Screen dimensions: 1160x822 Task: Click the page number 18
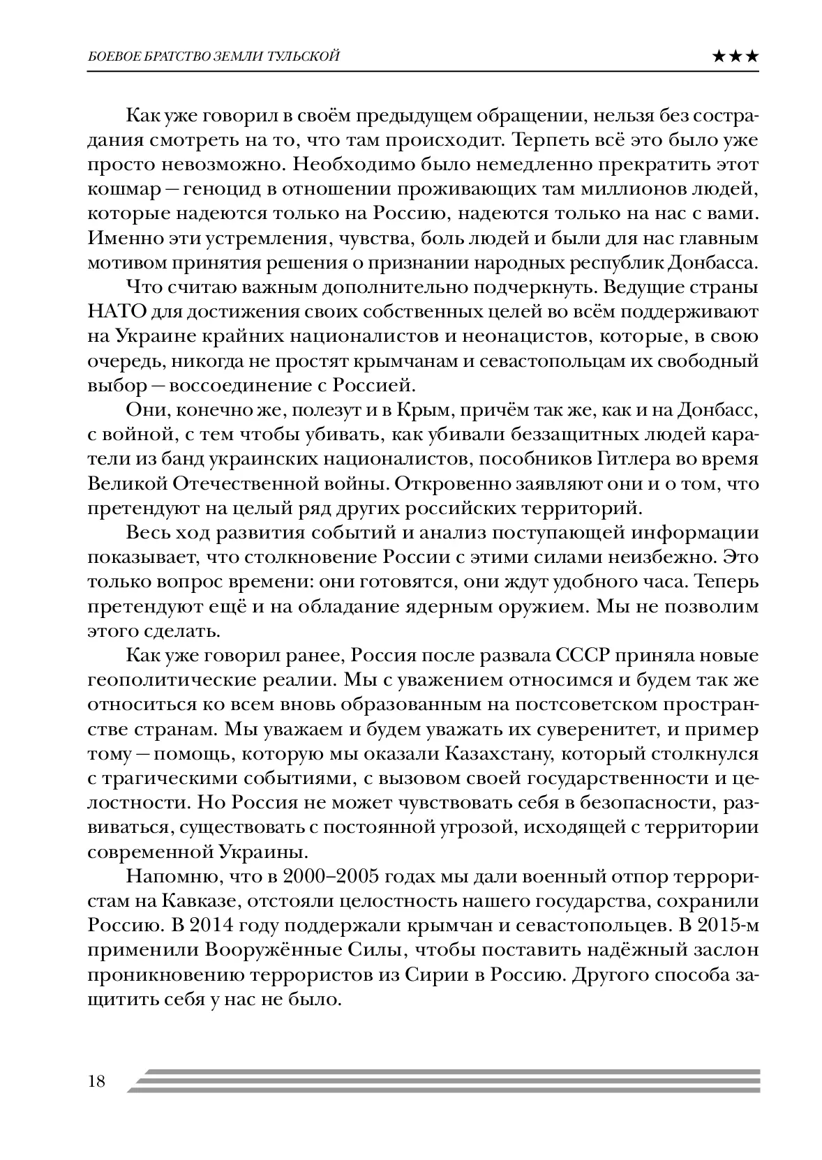tap(96, 1081)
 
